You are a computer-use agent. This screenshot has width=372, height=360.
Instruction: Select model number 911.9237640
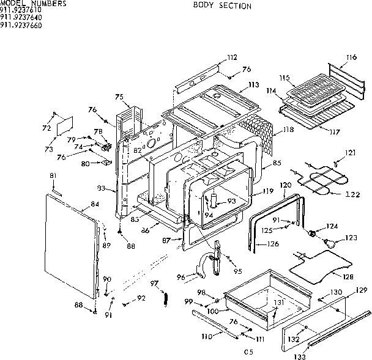click(21, 18)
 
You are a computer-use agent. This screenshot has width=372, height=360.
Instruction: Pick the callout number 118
click(289, 130)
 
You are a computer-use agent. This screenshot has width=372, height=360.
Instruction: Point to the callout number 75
click(119, 97)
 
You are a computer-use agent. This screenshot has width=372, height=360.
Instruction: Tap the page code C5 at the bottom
click(248, 351)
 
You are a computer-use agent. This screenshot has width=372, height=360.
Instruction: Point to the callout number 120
click(286, 185)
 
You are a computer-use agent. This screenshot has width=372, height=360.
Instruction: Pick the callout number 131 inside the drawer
click(278, 303)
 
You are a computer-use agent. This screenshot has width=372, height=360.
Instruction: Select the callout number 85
click(277, 163)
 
